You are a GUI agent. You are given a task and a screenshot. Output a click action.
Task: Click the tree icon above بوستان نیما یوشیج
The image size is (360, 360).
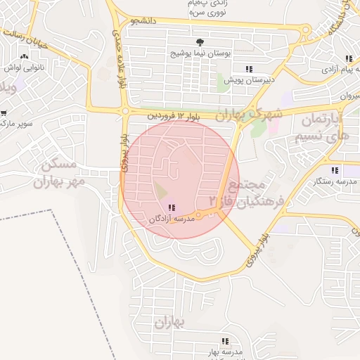pyautogui.click(x=200, y=43)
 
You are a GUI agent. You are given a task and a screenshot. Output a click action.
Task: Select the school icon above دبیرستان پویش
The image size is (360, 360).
pyautogui.click(x=248, y=69)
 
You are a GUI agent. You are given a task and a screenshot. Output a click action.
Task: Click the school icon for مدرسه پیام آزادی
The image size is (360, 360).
pyautogui.click(x=348, y=59)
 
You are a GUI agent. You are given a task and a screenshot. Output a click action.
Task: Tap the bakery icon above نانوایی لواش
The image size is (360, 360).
pyautogui.click(x=25, y=57)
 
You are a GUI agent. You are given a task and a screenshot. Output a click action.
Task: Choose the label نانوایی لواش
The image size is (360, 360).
pyautogui.click(x=25, y=68)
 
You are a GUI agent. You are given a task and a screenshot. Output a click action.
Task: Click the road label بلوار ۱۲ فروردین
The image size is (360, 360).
pyautogui.click(x=176, y=115)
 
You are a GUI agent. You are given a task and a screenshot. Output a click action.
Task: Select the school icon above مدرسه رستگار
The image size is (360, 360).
pyautogui.click(x=335, y=170)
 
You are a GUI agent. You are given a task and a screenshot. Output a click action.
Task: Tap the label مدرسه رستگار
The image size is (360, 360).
pyautogui.click(x=335, y=181)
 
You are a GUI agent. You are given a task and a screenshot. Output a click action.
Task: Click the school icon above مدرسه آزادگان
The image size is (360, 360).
pyautogui.click(x=172, y=207)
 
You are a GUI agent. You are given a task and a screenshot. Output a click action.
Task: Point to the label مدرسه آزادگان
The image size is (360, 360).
pyautogui.click(x=170, y=219)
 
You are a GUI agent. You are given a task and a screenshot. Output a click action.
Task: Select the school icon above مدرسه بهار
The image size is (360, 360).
pyautogui.click(x=225, y=341)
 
